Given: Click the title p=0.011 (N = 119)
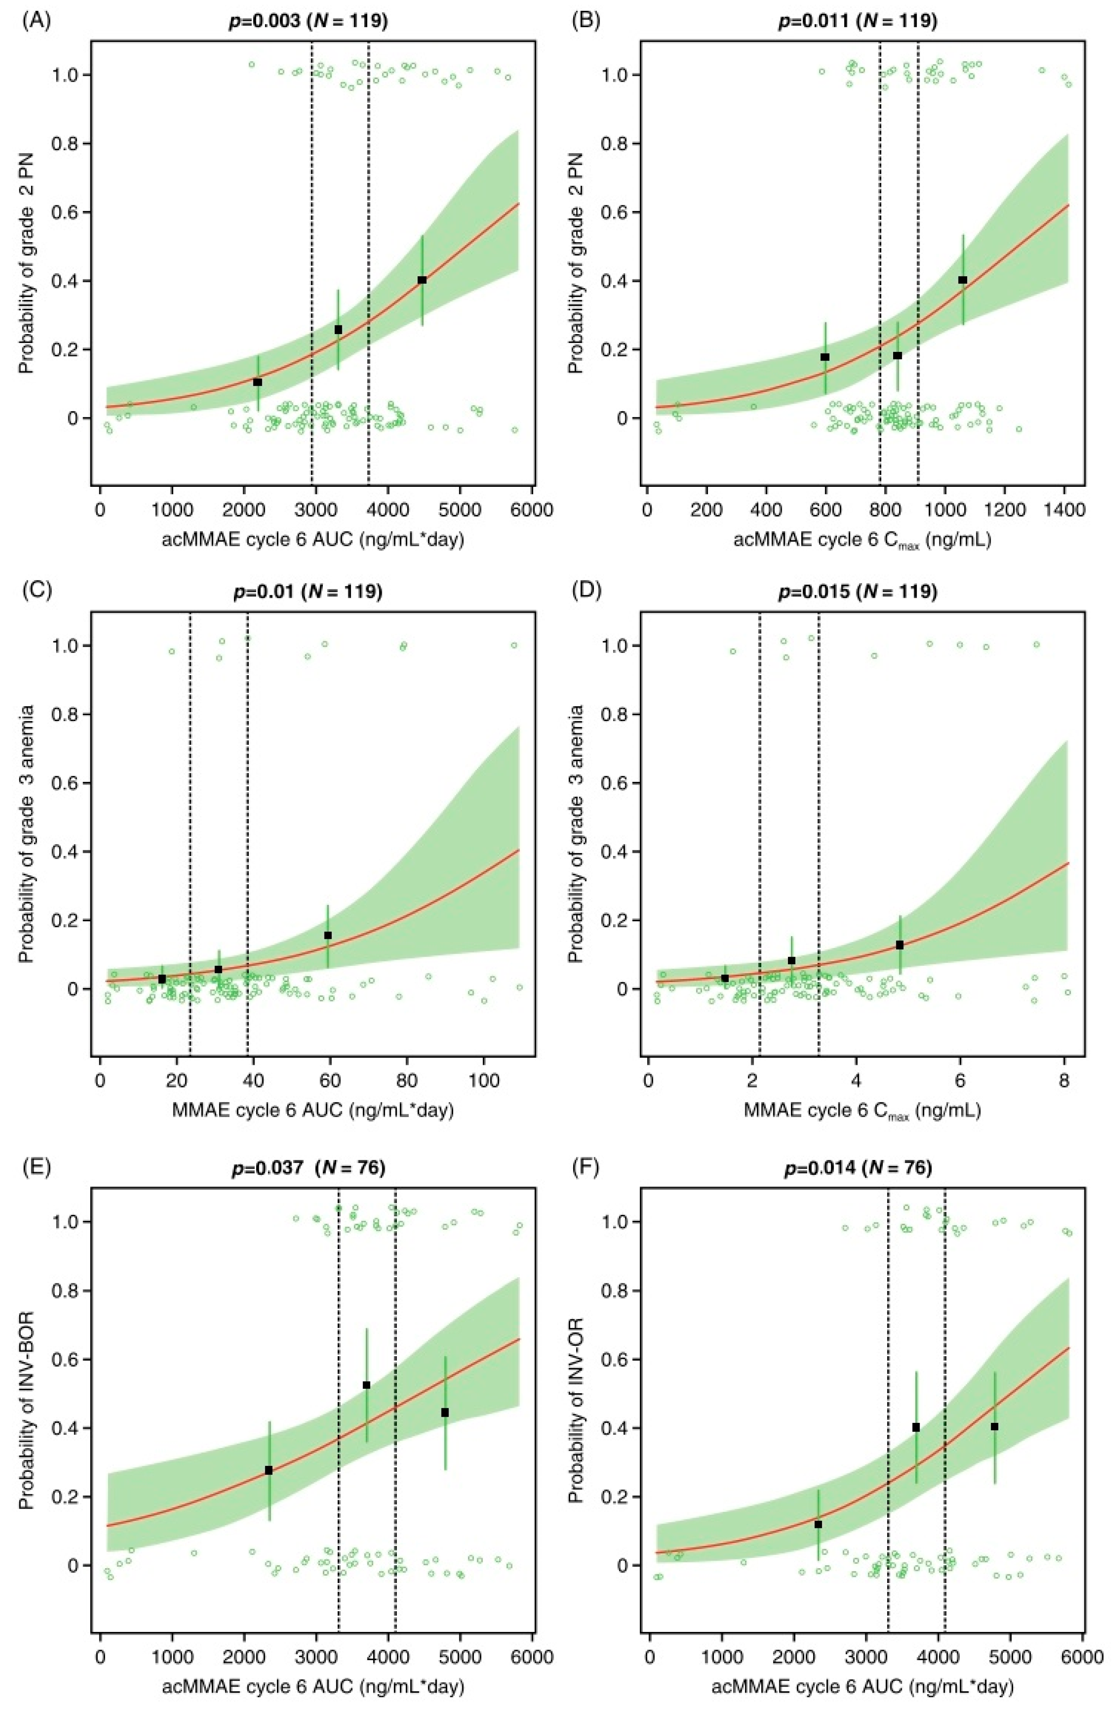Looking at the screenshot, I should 858,21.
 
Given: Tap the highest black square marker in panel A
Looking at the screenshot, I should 422,280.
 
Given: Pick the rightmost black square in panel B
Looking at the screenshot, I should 963,280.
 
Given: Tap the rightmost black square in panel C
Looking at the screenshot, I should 328,935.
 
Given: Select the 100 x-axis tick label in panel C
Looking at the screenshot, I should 484,1082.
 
